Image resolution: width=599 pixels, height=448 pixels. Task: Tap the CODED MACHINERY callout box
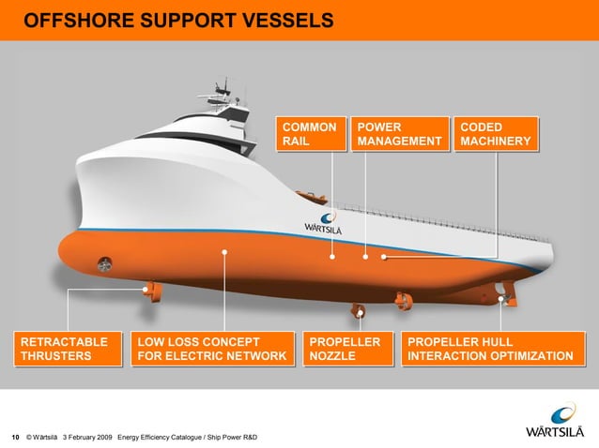(496, 134)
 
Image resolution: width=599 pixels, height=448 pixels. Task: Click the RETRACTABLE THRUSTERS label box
(65, 349)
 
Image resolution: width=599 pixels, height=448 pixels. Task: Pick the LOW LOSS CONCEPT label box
(211, 349)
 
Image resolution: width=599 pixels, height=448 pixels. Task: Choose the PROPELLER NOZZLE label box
(345, 349)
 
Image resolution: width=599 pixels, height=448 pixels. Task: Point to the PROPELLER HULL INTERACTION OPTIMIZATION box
(489, 349)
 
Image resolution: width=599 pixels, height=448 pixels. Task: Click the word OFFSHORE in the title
(76, 19)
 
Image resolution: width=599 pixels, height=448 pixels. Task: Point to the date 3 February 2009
(93, 437)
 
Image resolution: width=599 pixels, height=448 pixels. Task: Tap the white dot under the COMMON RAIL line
(331, 255)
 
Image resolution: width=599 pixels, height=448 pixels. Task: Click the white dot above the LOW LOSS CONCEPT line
(224, 251)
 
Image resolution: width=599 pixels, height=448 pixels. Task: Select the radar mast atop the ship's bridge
(220, 94)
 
